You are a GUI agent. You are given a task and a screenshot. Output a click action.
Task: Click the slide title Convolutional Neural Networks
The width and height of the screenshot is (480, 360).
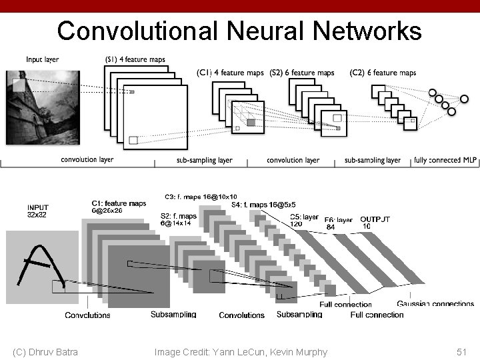coord(239,31)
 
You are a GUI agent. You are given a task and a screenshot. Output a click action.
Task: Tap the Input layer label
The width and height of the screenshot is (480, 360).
coord(43,60)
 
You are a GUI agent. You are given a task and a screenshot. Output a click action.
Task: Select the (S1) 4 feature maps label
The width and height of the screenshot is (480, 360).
coord(135,60)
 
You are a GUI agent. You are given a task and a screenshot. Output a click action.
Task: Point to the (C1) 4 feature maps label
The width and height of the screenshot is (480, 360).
coord(230,73)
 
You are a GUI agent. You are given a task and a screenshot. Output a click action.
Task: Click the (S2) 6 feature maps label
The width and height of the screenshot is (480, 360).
coord(302,73)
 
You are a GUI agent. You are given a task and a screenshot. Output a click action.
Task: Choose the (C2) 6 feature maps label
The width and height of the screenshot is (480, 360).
coord(383,73)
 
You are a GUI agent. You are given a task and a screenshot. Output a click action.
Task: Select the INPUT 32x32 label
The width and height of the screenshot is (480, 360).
coord(38,211)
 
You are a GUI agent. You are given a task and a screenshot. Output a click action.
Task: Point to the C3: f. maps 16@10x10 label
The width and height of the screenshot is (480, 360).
coord(200,197)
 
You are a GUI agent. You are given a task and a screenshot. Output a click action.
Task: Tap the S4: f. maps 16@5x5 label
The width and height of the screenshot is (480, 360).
coord(263,205)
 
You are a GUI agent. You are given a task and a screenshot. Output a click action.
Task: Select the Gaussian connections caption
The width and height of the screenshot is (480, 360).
coord(435,304)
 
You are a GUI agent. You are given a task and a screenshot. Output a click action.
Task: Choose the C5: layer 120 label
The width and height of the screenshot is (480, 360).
coord(305,220)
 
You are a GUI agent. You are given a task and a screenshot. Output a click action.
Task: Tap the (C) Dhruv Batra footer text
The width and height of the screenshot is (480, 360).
coord(45,351)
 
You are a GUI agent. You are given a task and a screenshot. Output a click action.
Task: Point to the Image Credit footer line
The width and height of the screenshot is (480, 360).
coord(241,351)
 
